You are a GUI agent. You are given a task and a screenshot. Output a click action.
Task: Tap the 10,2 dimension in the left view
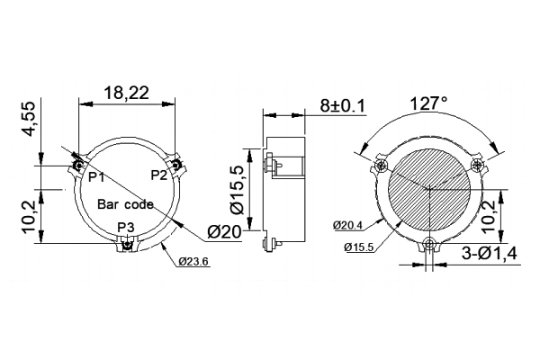29,216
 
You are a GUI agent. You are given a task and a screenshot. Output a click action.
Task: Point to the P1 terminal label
96,176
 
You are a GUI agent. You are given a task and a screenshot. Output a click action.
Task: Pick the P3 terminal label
126,226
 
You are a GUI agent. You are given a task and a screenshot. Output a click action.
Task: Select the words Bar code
125,204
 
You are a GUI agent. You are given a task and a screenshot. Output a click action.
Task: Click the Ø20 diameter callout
224,232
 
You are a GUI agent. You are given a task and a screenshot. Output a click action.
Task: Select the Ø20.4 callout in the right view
349,224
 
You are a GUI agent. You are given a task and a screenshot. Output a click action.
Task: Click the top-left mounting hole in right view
382,166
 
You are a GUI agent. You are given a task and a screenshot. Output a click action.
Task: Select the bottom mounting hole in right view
432,243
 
